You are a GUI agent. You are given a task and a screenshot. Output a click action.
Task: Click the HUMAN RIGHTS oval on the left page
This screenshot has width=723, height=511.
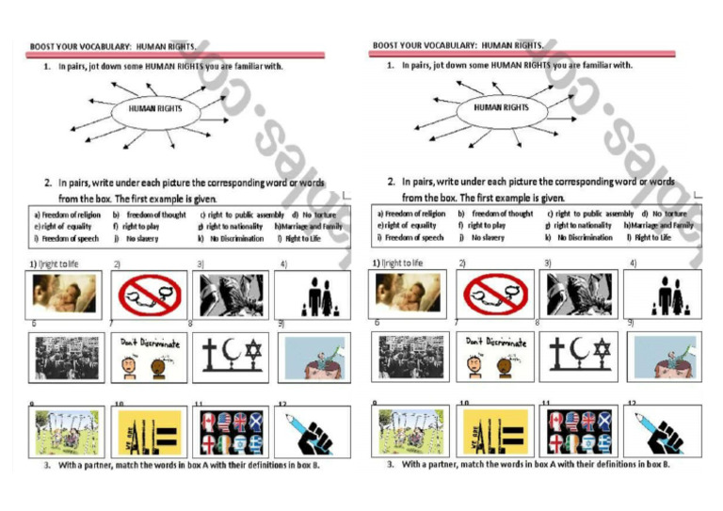tap(155, 109)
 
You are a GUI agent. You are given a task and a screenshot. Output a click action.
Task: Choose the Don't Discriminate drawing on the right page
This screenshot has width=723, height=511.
tap(493, 355)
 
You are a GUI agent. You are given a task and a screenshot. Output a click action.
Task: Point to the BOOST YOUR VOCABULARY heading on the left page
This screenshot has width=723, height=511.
tap(113, 45)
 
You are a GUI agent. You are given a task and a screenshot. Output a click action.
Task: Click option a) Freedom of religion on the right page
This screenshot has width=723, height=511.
tap(410, 214)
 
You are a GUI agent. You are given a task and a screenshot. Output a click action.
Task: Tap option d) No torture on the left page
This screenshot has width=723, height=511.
tap(314, 215)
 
